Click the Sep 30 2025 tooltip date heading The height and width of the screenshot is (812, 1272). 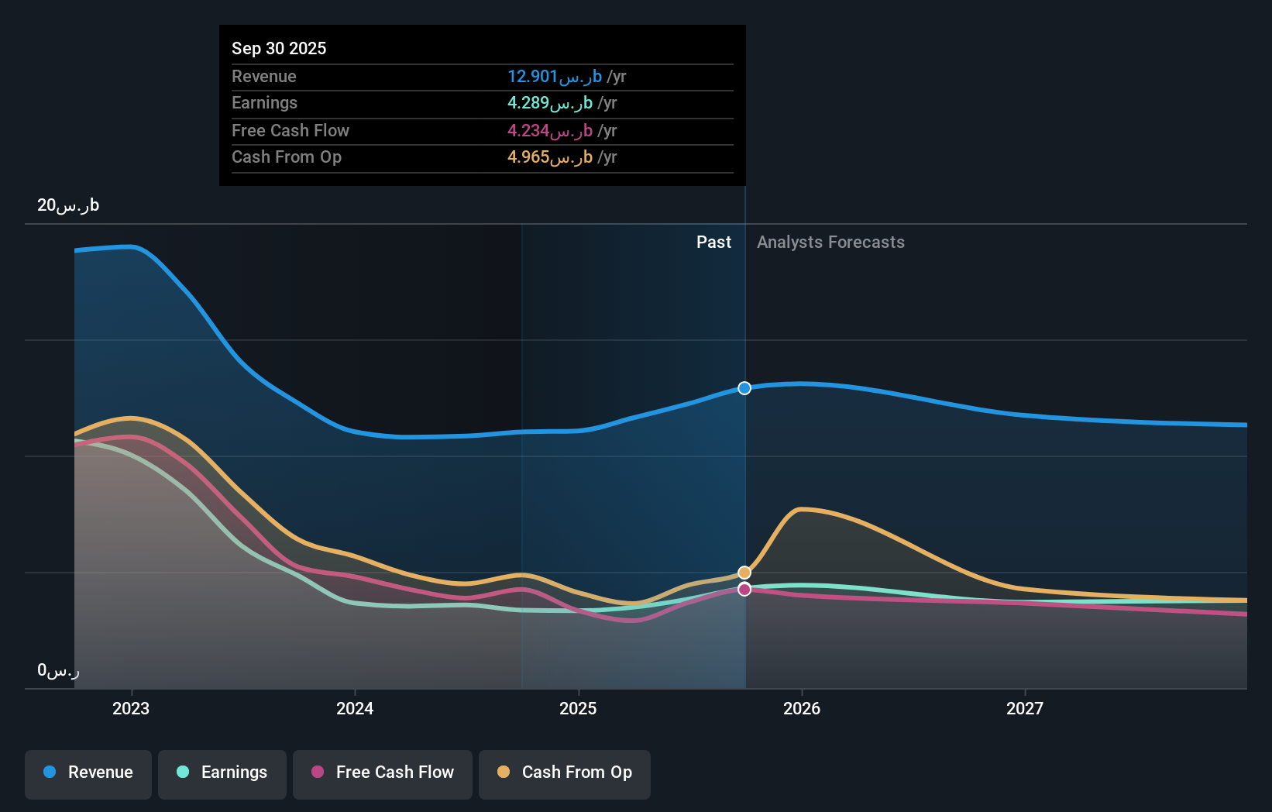pos(279,48)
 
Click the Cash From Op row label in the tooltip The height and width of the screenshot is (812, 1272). pos(287,157)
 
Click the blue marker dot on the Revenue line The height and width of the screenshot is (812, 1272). pos(744,388)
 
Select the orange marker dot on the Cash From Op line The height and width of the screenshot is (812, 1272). pos(744,573)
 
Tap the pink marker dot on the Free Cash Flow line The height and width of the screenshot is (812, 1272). pos(744,590)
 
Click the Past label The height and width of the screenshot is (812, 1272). pos(713,242)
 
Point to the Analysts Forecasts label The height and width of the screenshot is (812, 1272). pos(830,242)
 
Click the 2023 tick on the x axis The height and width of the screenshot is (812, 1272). pos(131,708)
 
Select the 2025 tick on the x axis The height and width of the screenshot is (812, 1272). pos(578,708)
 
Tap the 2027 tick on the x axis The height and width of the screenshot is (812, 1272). pos(1024,708)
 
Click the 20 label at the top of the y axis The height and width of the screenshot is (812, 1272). pos(68,205)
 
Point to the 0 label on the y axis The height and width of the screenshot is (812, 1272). pos(58,670)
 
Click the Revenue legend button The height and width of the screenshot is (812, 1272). pos(88,772)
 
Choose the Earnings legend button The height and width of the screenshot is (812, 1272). pos(222,772)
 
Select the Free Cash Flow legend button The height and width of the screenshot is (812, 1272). pos(383,772)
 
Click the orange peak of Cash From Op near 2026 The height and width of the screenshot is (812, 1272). pos(803,509)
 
